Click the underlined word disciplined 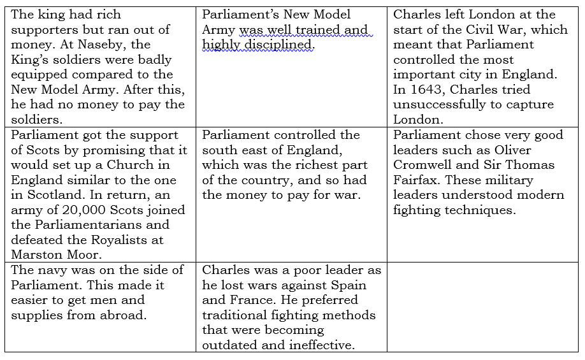pos(282,45)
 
